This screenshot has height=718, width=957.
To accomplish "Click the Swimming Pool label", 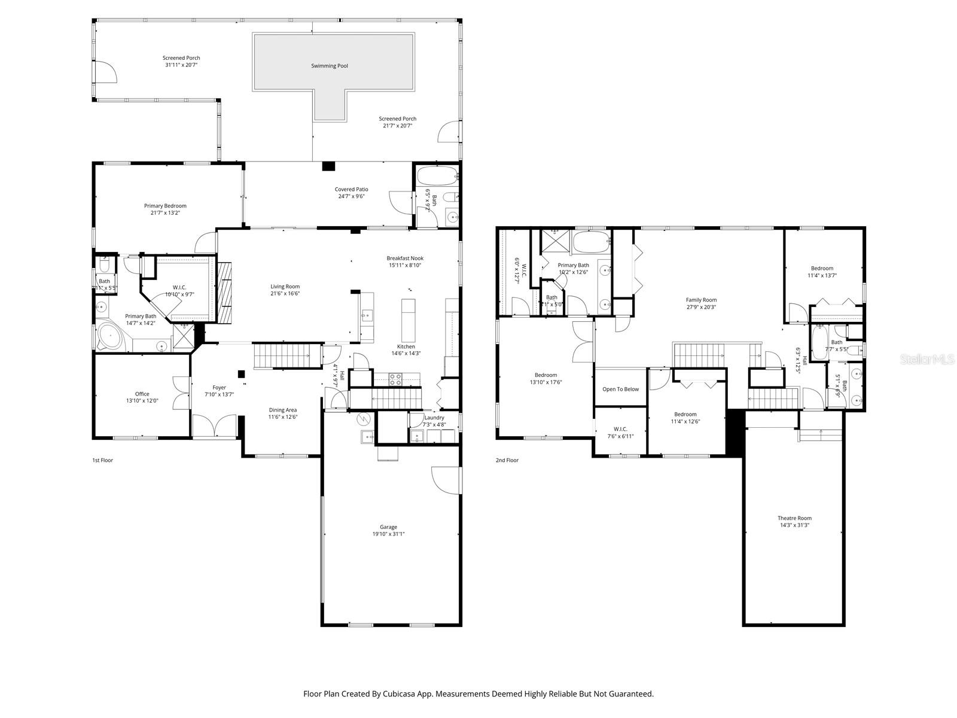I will [329, 66].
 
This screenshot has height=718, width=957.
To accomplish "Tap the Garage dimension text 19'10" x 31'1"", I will [388, 534].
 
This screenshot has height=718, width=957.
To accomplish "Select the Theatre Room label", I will [794, 518].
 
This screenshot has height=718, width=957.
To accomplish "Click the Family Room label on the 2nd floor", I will [701, 300].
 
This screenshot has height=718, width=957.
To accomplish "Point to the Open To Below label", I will [620, 389].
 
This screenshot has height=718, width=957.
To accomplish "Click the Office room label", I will [142, 394].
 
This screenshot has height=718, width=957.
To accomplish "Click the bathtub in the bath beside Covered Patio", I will [436, 176].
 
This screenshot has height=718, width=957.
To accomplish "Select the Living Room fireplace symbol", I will [224, 293].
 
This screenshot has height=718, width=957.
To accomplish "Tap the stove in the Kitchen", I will [396, 379].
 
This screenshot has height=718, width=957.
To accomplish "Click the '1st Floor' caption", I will [102, 460].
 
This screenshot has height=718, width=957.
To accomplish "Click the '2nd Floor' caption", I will [507, 460].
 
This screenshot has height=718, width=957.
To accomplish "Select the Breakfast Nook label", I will [405, 258].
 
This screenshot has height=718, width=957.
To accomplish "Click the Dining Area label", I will [282, 410].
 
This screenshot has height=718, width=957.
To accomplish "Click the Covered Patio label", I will [351, 189].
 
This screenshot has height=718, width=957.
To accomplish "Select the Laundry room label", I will [434, 418].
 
